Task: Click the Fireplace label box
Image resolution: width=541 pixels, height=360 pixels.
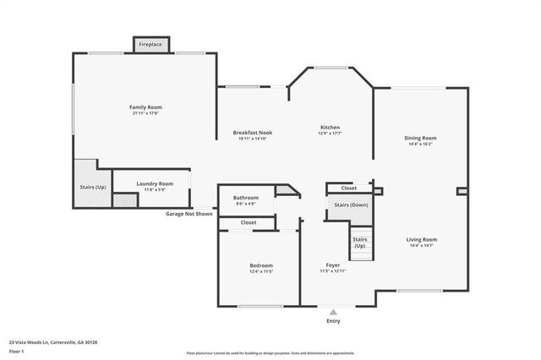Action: click(151, 44)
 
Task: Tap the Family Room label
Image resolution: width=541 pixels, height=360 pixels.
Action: click(145, 107)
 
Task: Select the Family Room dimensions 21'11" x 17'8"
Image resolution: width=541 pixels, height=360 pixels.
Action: click(145, 113)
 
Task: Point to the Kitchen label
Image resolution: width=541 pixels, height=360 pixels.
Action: click(330, 128)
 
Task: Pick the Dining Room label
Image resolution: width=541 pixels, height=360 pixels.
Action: click(420, 138)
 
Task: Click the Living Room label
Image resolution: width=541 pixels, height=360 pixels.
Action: click(420, 239)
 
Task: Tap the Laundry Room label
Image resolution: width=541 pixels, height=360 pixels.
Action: click(155, 183)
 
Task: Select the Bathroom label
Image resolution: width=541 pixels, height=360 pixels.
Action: click(246, 198)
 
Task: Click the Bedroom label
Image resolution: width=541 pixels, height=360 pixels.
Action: click(261, 265)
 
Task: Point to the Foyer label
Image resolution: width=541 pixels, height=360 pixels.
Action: click(333, 265)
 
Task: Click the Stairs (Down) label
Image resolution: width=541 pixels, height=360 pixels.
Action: click(351, 205)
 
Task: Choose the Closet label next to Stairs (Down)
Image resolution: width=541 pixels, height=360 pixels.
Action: click(348, 188)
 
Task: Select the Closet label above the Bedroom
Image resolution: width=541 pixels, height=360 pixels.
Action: click(249, 222)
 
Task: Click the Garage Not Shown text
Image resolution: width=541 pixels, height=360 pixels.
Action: click(189, 214)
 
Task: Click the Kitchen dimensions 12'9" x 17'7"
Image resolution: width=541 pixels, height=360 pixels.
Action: click(330, 134)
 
